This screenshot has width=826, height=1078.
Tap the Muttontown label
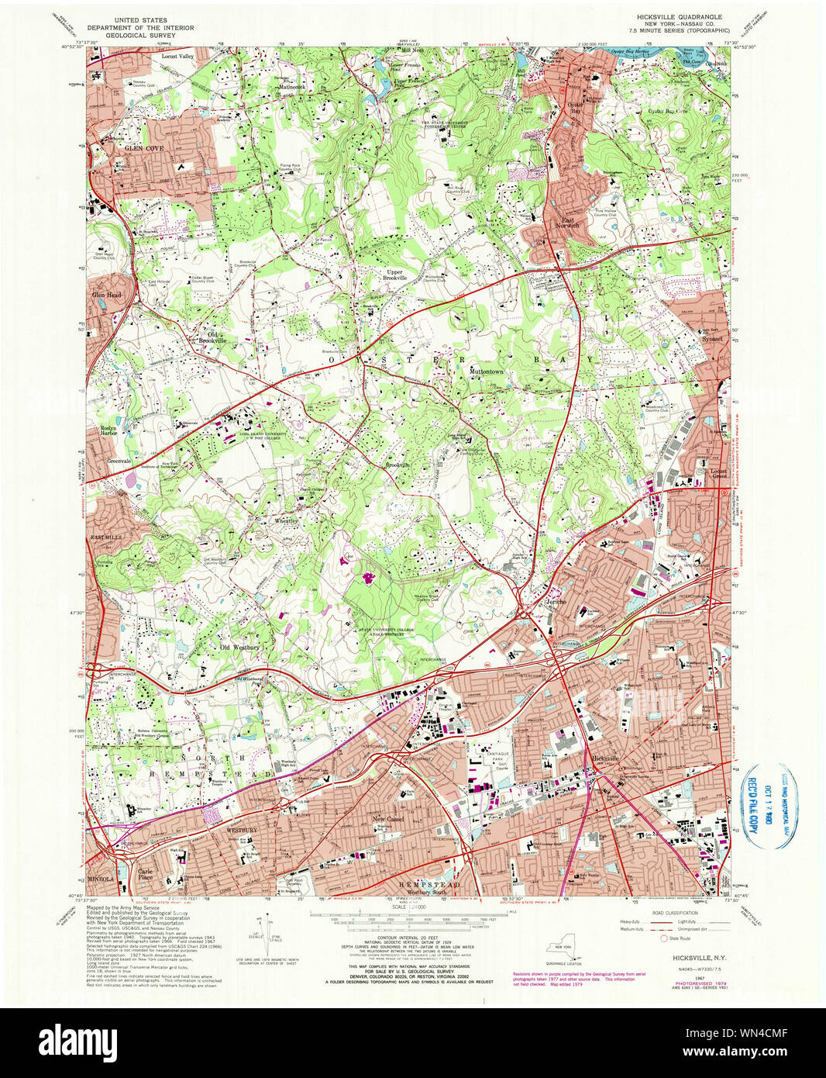tap(486, 371)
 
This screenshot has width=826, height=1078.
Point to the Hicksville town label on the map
tap(606, 757)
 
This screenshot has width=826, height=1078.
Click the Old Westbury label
tap(239, 647)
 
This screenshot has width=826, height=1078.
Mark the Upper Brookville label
tap(394, 275)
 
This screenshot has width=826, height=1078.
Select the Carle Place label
tap(146, 873)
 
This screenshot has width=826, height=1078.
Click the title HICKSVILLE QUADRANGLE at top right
tap(678, 16)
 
